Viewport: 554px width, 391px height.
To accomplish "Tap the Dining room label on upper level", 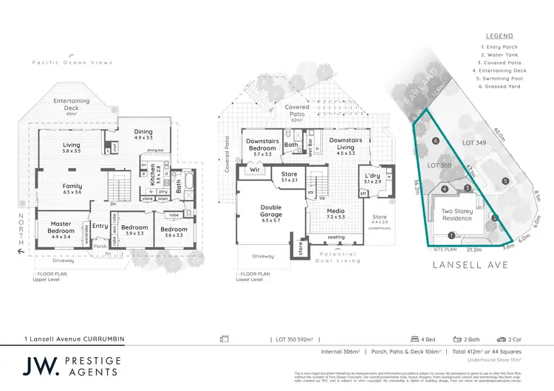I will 143,134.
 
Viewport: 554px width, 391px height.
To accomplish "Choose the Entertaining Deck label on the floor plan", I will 71,104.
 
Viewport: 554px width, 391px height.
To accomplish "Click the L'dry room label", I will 372,177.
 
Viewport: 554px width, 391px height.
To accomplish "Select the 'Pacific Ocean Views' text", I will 72,63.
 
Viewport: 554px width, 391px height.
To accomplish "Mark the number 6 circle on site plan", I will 437,141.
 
